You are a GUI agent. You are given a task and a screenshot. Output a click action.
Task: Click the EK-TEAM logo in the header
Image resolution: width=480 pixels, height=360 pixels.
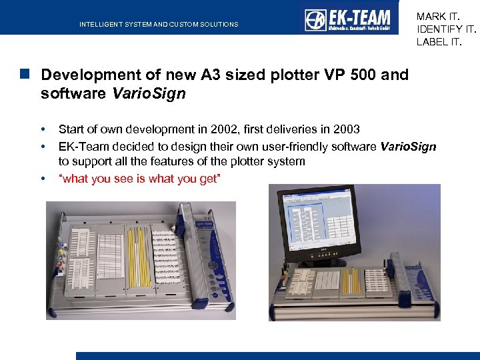coord(349,19)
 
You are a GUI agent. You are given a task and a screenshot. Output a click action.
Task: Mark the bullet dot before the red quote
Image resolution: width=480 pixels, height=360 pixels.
coord(43,179)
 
